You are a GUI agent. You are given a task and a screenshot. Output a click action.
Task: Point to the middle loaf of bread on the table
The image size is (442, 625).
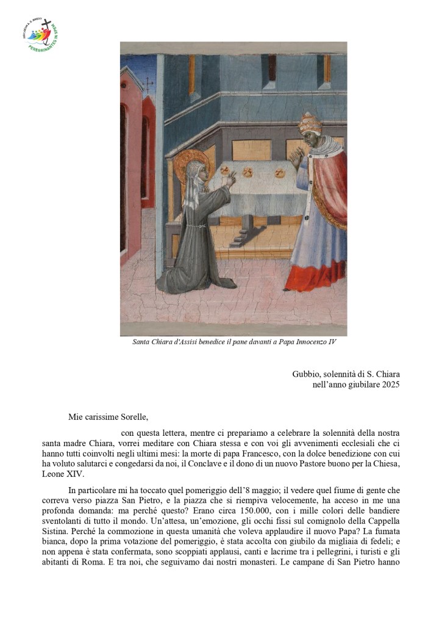[x=248, y=172]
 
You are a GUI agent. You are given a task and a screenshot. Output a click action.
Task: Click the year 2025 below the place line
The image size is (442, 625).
[x=387, y=385]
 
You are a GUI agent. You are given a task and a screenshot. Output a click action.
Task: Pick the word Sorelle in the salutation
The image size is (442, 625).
[x=132, y=417]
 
